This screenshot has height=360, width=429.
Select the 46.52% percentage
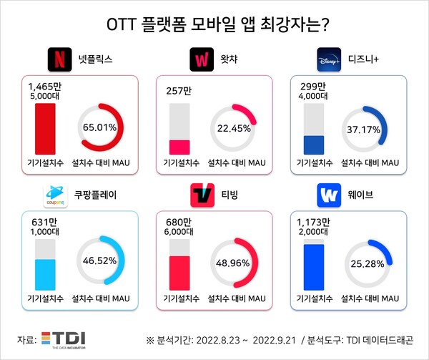pos(99,262)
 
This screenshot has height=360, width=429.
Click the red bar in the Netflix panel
pos(45,129)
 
